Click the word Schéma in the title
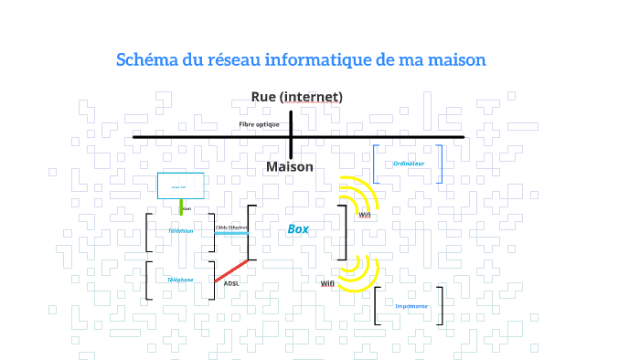tap(144, 60)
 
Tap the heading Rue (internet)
tap(297, 97)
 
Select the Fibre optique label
tap(259, 124)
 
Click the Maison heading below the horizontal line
tap(290, 167)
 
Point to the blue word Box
tap(298, 229)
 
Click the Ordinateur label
tap(409, 164)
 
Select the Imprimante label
tap(411, 306)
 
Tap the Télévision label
tap(180, 231)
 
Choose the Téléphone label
tap(179, 280)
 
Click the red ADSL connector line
tap(231, 270)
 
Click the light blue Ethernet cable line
tap(231, 234)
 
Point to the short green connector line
tap(181, 206)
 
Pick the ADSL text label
tap(231, 284)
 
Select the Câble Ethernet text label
tap(231, 227)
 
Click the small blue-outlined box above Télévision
tap(180, 186)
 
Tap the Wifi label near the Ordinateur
tap(365, 215)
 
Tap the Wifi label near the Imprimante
tap(327, 283)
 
